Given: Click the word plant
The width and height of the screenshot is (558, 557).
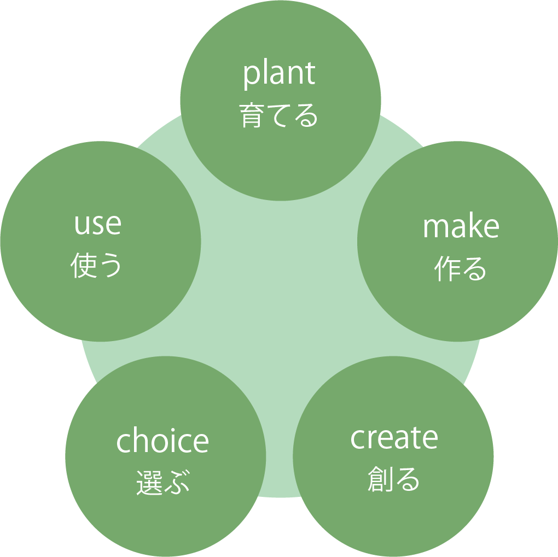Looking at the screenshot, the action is point(280,75).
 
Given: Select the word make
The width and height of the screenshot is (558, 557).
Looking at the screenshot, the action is point(461,227).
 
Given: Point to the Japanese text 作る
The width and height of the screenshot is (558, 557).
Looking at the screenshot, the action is point(461,268).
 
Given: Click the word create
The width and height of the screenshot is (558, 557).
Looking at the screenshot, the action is point(394,438).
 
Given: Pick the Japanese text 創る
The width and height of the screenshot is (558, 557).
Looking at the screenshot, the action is point(394,479).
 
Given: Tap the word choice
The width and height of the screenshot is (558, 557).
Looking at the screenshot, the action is point(162,441).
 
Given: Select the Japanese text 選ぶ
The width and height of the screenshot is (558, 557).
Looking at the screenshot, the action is point(162,482).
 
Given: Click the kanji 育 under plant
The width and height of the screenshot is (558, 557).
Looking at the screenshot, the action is point(252,115).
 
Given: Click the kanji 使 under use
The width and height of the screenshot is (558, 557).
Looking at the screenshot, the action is point(83,266).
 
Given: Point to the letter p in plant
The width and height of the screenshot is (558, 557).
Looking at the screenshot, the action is point(251,77).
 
